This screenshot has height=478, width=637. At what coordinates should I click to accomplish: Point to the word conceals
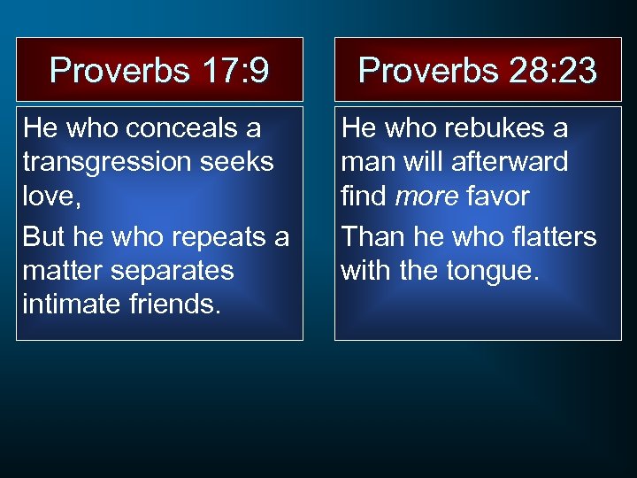pos(194,128)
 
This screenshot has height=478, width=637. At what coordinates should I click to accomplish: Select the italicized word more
pos(428,196)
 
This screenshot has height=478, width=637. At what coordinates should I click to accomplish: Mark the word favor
pos(500,196)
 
